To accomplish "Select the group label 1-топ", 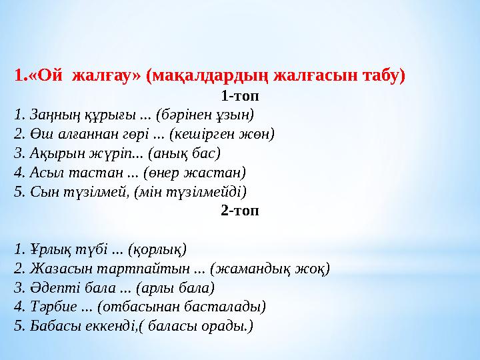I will coord(240,95).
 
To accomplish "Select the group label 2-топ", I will coord(240,211).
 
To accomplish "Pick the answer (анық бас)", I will coord(185,153).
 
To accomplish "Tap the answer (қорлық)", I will coord(157,249).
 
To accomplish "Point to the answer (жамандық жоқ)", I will coord(269,269).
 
